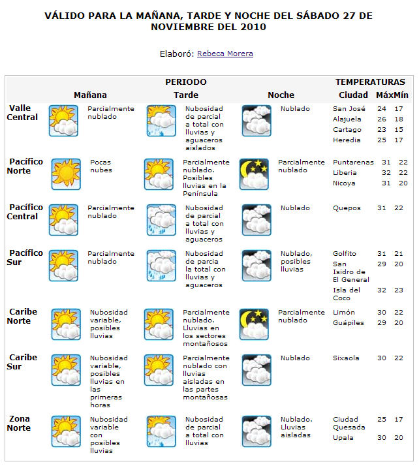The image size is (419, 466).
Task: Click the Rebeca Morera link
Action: (x=225, y=54)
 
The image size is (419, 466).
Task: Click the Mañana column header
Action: (x=90, y=95)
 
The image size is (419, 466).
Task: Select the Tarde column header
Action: (x=186, y=95)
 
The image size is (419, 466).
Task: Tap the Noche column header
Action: (x=281, y=95)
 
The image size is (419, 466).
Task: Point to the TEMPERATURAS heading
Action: (x=370, y=82)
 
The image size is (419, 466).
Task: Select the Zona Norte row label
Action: (x=19, y=424)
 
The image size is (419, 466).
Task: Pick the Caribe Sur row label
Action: (x=23, y=362)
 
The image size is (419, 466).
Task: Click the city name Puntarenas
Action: (x=353, y=163)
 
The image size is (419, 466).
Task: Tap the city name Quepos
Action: (x=345, y=208)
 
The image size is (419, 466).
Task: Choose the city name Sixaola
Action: (x=346, y=358)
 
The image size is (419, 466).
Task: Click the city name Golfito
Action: (x=345, y=254)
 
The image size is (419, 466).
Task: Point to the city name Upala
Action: (x=343, y=438)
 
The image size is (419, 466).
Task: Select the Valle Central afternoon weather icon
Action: (x=160, y=121)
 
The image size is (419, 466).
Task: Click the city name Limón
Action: (x=344, y=313)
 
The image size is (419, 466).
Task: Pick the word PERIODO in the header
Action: (x=185, y=82)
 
